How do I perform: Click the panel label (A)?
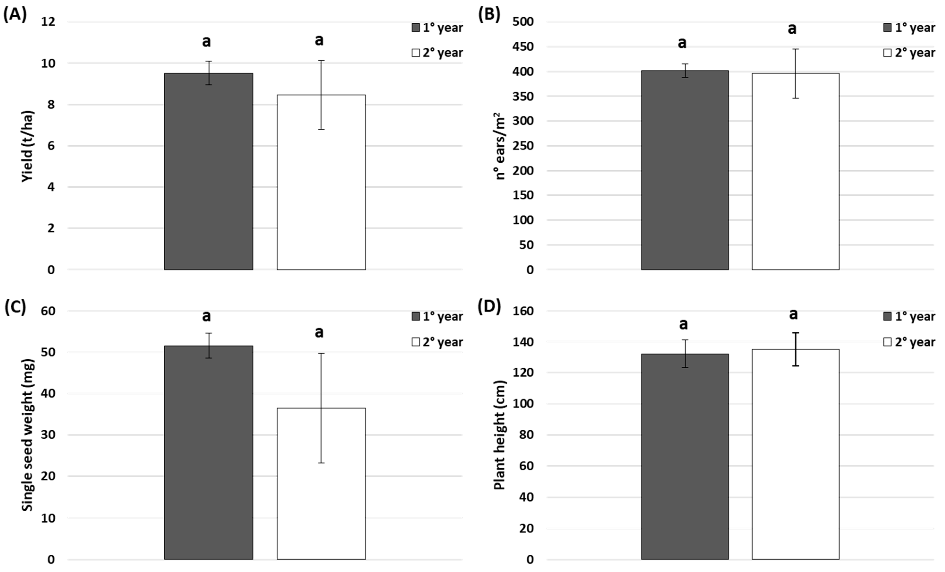pyautogui.click(x=15, y=15)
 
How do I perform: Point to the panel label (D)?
pyautogui.click(x=489, y=307)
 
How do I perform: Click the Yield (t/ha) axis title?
pyautogui.click(x=28, y=146)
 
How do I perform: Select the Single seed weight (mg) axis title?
pyautogui.click(x=28, y=435)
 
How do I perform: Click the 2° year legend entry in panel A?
pyautogui.click(x=437, y=52)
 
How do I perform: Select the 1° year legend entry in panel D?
pyautogui.click(x=909, y=317)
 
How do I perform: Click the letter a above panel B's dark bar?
pyautogui.click(x=682, y=43)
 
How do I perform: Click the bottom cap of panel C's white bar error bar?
pyautogui.click(x=321, y=463)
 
